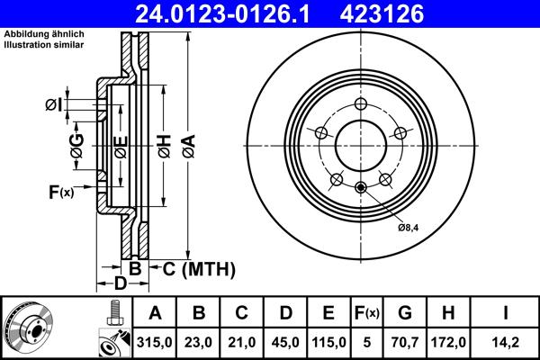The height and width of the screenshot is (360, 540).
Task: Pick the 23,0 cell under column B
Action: (199, 340)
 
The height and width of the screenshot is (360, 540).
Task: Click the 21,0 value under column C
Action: (241, 340)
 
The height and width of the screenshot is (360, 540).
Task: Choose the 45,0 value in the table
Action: (284, 340)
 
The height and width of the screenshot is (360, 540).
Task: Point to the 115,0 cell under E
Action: (328, 340)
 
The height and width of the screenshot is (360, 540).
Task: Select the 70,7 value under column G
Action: (405, 340)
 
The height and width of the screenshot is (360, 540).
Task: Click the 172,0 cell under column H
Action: (447, 340)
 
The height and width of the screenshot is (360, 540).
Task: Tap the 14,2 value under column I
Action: (505, 340)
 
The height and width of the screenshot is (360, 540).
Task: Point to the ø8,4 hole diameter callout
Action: (409, 228)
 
